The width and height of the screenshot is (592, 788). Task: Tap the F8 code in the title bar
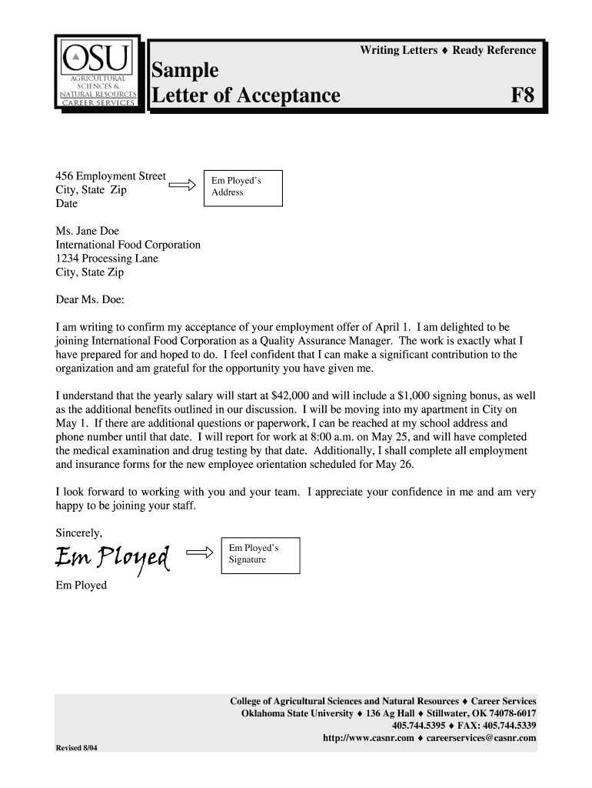pos(522,95)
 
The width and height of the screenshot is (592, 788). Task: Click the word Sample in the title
pos(185,71)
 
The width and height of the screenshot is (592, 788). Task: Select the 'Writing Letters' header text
pos(398,50)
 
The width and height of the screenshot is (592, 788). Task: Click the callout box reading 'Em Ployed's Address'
pos(241,188)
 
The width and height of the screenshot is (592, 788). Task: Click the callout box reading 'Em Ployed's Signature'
pos(260,554)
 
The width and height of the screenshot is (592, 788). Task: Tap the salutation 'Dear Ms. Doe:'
pos(90,299)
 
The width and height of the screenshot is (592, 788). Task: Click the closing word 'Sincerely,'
pos(79,532)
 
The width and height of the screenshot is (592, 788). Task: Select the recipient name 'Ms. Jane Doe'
pos(88,231)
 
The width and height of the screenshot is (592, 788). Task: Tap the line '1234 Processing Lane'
pos(107,259)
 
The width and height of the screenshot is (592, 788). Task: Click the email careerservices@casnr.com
pos(481,738)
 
